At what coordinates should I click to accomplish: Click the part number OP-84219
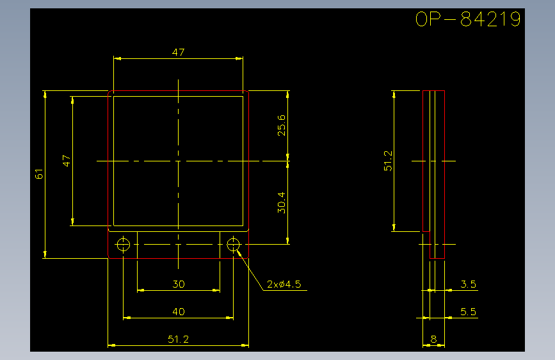pyautogui.click(x=467, y=19)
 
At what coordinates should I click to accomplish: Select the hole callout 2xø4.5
pyautogui.click(x=284, y=284)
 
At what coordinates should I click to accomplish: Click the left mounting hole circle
pyautogui.click(x=123, y=244)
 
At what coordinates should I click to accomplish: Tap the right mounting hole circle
pyautogui.click(x=233, y=244)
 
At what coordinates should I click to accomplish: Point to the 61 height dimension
pyautogui.click(x=39, y=174)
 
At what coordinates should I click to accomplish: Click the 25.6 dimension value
pyautogui.click(x=282, y=126)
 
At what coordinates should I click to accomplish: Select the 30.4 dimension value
pyautogui.click(x=282, y=202)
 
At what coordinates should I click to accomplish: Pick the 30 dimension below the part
pyautogui.click(x=179, y=284)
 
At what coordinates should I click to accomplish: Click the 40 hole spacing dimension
pyautogui.click(x=179, y=312)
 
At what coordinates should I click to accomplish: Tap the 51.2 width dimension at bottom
pyautogui.click(x=179, y=340)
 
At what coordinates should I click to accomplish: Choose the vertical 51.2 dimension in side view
pyautogui.click(x=389, y=161)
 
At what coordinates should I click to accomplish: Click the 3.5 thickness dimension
pyautogui.click(x=468, y=284)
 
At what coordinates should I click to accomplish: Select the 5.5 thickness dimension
pyautogui.click(x=468, y=312)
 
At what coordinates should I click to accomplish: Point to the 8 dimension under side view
pyautogui.click(x=433, y=340)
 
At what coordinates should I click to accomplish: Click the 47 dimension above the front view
pyautogui.click(x=179, y=53)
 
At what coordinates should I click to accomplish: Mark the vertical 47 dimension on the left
pyautogui.click(x=67, y=161)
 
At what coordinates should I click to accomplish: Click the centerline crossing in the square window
pyautogui.click(x=179, y=161)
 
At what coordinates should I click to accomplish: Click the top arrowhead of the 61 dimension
pyautogui.click(x=45, y=94)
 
